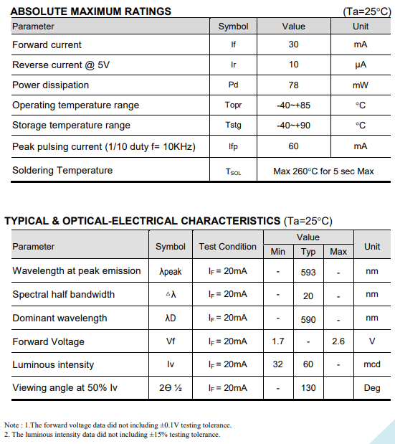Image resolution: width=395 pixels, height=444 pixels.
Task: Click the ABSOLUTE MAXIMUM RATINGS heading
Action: click(91, 11)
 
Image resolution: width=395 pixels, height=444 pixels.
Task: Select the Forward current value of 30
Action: click(293, 44)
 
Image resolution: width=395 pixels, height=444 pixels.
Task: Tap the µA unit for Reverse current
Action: click(361, 65)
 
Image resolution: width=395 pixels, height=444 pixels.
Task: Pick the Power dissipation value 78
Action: click(293, 85)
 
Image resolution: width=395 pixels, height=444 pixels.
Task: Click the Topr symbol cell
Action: click(233, 105)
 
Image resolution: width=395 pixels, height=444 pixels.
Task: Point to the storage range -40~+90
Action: click(293, 126)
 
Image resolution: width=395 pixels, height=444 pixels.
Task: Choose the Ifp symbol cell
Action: click(233, 146)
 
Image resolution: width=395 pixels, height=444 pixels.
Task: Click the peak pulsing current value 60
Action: click(293, 146)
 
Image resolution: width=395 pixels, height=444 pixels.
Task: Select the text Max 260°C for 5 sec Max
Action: click(323, 171)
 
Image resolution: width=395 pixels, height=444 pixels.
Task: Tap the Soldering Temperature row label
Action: click(62, 171)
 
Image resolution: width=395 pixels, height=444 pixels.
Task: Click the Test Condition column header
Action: click(227, 247)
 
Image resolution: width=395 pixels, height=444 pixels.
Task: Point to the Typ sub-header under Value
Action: click(308, 252)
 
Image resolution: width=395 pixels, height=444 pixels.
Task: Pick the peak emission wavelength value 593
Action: click(308, 272)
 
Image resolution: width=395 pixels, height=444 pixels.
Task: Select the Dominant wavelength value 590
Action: click(308, 318)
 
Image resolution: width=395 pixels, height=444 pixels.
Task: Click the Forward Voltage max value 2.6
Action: click(338, 341)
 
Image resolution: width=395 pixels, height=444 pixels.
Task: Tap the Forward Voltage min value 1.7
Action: click(278, 341)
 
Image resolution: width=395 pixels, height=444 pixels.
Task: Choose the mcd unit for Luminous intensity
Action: click(371, 364)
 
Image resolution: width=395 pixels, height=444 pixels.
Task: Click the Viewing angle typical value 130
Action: click(308, 388)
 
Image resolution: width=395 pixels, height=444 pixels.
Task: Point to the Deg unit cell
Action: click(371, 388)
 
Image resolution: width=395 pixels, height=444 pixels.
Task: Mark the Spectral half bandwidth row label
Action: click(63, 295)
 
